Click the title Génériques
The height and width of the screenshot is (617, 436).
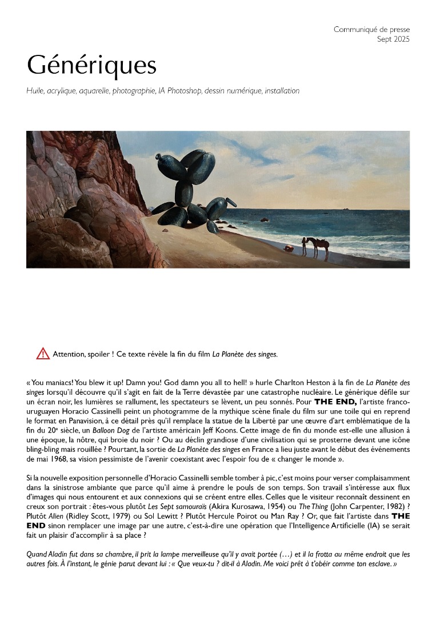click(91, 66)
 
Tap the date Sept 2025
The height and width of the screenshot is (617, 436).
click(393, 39)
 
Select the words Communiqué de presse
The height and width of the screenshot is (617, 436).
click(371, 30)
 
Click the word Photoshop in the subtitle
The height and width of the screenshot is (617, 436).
click(184, 91)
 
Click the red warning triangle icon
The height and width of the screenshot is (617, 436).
click(43, 354)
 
